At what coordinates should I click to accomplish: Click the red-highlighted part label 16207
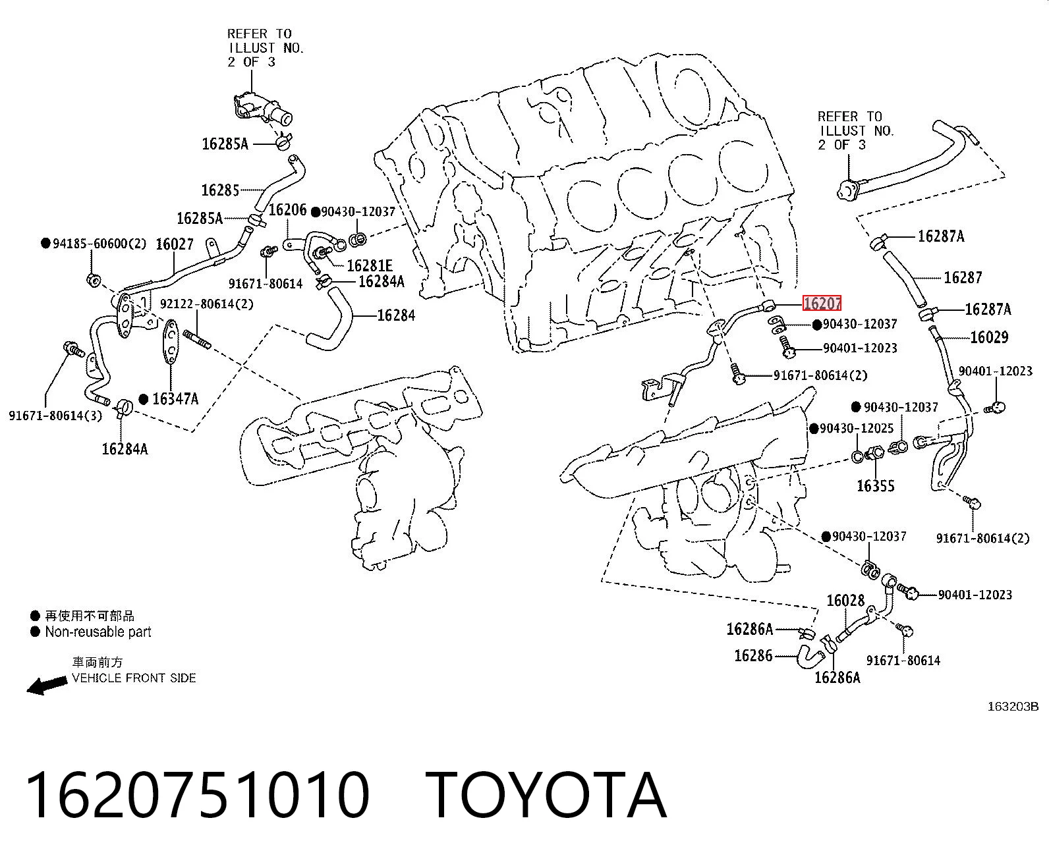(x=822, y=304)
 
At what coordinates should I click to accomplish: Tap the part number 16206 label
(x=287, y=210)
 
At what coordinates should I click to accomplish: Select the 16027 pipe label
(x=175, y=244)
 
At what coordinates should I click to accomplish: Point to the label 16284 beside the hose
(x=396, y=315)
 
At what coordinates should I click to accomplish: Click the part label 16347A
(x=175, y=399)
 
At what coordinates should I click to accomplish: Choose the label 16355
(x=876, y=486)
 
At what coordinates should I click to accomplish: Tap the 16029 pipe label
(x=989, y=337)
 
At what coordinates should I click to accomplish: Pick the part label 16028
(x=845, y=600)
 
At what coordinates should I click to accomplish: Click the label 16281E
(x=370, y=265)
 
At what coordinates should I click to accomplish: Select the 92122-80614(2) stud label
(x=207, y=304)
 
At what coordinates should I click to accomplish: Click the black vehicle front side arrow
(x=47, y=685)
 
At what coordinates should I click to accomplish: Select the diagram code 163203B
(x=1013, y=707)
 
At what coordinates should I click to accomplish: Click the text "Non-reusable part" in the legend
(x=98, y=632)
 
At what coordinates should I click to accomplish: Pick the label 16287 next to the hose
(x=963, y=277)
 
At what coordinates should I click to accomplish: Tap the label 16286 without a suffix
(x=753, y=655)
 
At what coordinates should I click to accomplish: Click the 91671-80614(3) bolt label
(x=55, y=416)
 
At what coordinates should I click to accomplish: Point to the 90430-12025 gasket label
(x=857, y=429)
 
